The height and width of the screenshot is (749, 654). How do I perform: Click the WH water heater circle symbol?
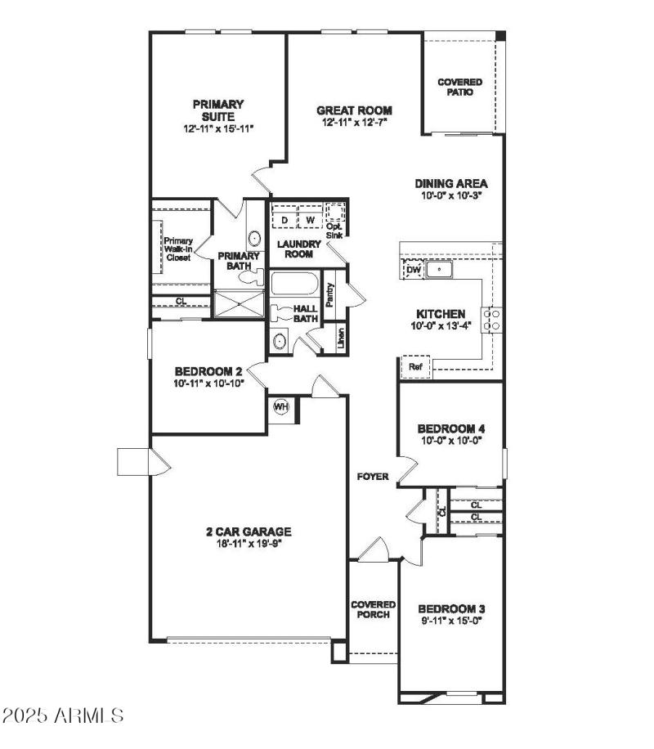(281, 407)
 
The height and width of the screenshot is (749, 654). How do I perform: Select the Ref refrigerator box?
(414, 367)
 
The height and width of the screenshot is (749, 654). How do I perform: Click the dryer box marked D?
(284, 220)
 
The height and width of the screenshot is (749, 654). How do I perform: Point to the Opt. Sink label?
(334, 230)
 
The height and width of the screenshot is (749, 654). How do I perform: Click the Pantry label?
(329, 294)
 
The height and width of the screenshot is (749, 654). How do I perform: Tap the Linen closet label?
(340, 337)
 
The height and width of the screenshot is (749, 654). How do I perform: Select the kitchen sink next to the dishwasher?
(441, 268)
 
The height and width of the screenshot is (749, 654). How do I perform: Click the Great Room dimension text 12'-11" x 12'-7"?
(354, 123)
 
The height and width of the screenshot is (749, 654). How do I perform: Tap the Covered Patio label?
(459, 87)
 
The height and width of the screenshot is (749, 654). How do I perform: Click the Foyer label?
(372, 477)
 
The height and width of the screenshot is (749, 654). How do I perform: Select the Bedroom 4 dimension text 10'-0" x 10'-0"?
(450, 440)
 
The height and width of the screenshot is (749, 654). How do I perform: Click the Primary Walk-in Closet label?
(177, 249)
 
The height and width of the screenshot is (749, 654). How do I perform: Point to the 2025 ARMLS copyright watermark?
(63, 716)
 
